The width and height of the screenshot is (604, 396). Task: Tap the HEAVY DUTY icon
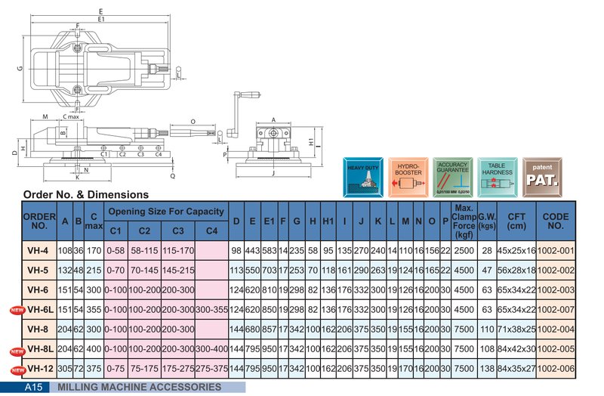point(362,177)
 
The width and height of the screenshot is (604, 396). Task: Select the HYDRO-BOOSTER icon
point(408,177)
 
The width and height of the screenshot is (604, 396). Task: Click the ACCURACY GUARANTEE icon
point(454,177)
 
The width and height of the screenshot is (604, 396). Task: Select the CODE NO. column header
point(556,221)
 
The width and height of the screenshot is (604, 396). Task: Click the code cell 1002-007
point(556,309)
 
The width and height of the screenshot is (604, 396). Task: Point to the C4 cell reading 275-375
point(211,369)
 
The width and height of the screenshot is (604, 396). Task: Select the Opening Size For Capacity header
point(165,211)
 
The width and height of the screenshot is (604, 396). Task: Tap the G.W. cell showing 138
point(486,369)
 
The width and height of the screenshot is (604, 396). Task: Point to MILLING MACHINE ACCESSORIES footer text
point(139,387)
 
